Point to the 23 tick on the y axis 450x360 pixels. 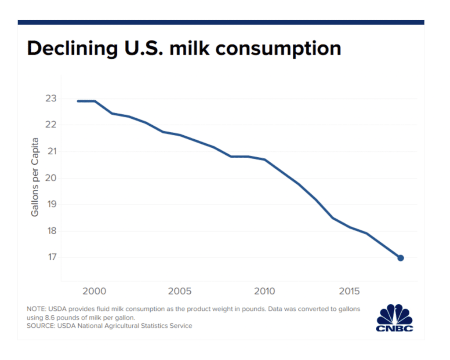click(51, 98)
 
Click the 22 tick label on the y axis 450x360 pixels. click(51, 125)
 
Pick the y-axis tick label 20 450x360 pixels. click(51, 178)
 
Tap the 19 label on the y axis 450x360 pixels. click(51, 204)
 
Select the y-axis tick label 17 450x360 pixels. click(51, 257)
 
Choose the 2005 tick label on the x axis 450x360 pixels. click(179, 291)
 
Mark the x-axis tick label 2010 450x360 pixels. click(265, 291)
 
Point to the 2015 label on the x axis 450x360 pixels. click(350, 291)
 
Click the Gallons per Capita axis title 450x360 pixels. click(35, 177)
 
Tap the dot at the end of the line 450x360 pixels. click(400, 258)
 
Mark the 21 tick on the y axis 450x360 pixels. click(51, 151)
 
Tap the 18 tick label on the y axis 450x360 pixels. click(51, 231)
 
